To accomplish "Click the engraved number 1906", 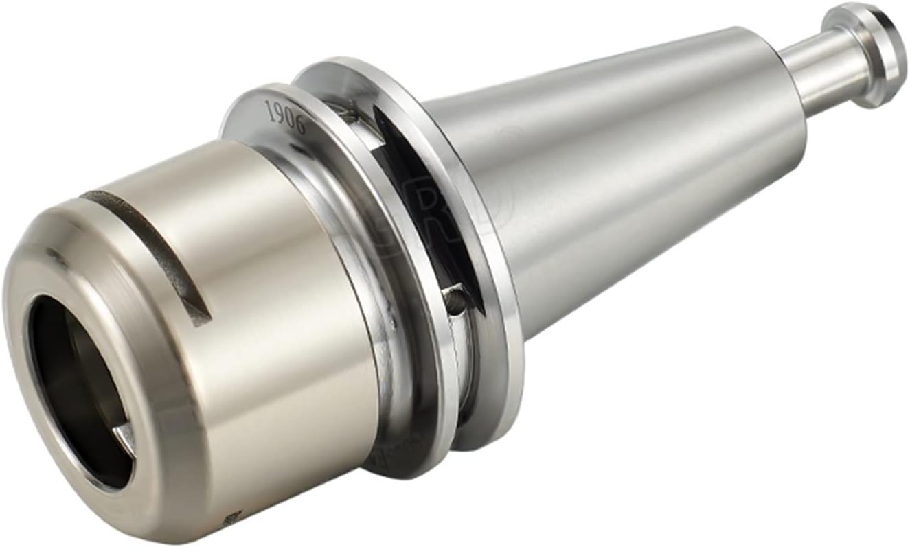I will point(285,113).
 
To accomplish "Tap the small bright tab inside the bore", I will point(126,437).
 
